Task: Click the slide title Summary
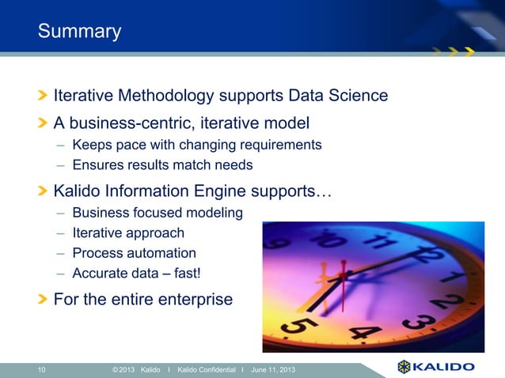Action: pos(79,32)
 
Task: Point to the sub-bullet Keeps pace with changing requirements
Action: pos(197,145)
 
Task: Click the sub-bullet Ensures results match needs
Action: pos(162,165)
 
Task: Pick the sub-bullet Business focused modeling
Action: pos(158,213)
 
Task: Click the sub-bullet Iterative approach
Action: pos(128,233)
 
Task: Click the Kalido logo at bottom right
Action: pos(435,367)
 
